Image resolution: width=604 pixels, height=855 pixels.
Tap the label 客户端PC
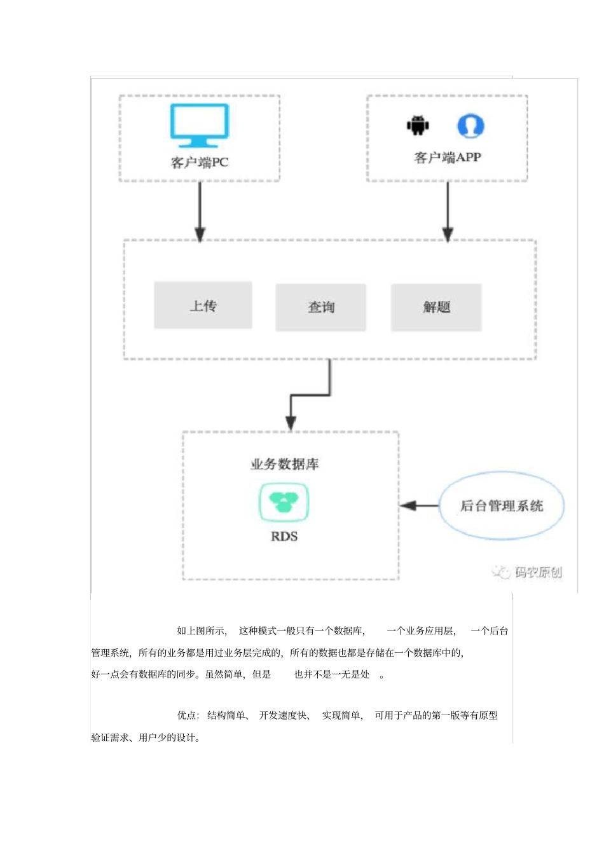pos(199,163)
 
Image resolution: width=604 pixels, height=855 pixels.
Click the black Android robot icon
pos(418,125)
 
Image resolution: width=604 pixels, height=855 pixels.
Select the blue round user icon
pos(470,126)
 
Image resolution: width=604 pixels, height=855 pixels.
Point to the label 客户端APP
pos(447,158)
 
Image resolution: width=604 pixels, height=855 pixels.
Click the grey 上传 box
pos(203,306)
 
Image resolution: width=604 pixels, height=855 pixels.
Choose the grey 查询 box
pos(320,307)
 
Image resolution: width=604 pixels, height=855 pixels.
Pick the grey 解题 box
pos(436,307)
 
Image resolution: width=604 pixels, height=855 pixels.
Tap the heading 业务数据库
pos(284,464)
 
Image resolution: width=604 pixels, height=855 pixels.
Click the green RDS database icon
pos(284,502)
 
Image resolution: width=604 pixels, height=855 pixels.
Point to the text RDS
pos(284,537)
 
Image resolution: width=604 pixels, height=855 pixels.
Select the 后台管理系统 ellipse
pos(501,506)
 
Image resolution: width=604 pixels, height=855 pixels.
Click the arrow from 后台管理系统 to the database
pos(419,506)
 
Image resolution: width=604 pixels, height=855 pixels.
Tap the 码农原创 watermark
pos(528,572)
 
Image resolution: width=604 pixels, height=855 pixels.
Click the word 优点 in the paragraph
pos(187,716)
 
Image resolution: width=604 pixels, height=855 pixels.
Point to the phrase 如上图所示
pos(202,631)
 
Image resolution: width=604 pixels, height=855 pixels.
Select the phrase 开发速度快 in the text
pos(283,716)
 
